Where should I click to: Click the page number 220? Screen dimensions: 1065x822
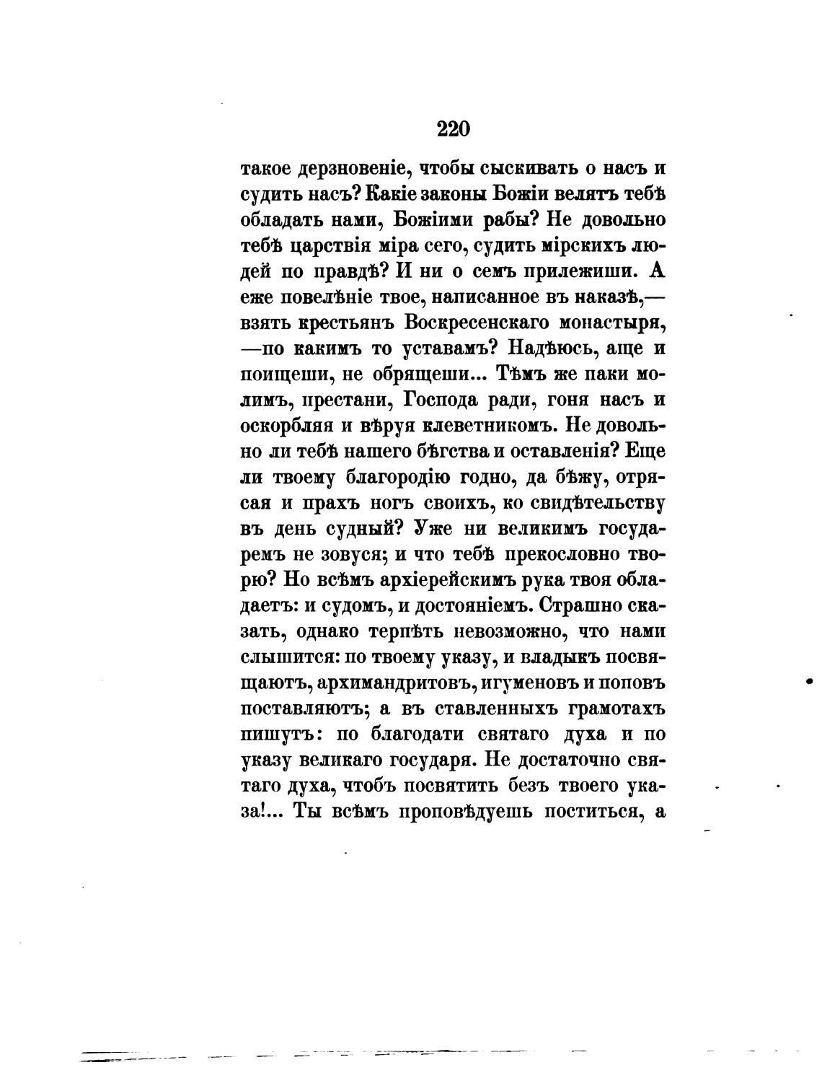(454, 128)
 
